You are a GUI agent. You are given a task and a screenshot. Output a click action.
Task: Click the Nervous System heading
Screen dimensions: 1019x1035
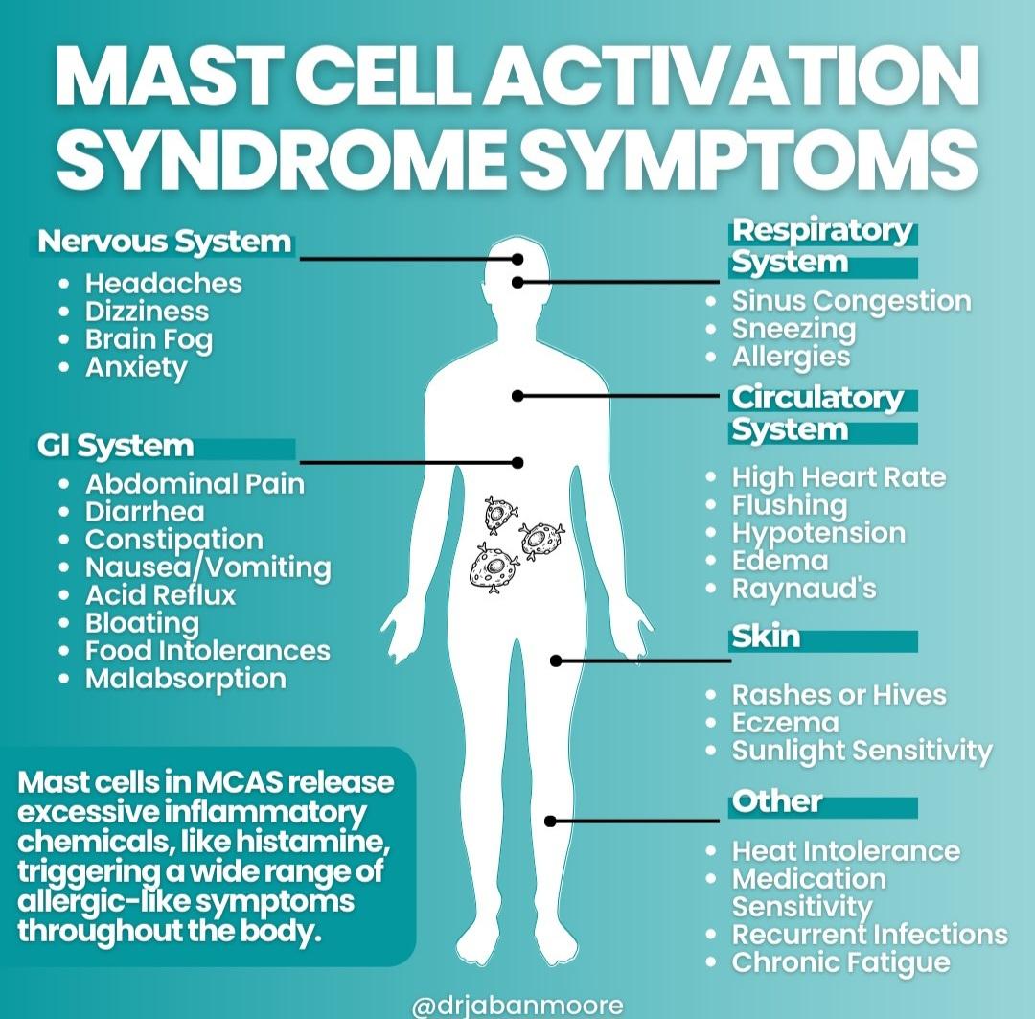click(x=164, y=242)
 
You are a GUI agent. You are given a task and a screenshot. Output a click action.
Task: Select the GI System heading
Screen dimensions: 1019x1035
click(x=116, y=446)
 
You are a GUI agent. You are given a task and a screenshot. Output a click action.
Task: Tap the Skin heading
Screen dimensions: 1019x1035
click(x=766, y=637)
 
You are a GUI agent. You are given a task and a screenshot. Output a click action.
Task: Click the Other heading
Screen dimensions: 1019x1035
click(x=777, y=801)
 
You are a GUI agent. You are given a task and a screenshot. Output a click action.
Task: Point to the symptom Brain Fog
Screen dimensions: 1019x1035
click(x=149, y=339)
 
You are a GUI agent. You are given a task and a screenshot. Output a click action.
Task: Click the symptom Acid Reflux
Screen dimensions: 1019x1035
click(x=160, y=594)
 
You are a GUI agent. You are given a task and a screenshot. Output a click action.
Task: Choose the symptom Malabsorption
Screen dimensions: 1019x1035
click(x=185, y=679)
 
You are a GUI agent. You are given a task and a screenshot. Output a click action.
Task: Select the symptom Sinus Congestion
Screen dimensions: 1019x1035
click(x=851, y=301)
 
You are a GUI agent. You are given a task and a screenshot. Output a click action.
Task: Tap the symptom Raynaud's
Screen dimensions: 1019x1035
click(x=804, y=589)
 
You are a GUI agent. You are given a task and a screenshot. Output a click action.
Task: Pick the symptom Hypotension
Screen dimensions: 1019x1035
click(x=818, y=533)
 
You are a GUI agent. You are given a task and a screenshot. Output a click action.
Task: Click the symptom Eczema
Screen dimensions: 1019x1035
click(x=785, y=723)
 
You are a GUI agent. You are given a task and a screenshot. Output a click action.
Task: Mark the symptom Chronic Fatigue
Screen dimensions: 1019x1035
click(x=840, y=962)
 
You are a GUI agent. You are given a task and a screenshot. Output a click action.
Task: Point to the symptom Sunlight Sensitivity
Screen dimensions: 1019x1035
click(x=862, y=751)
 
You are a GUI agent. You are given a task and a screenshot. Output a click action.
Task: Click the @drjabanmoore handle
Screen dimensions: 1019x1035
click(x=517, y=1006)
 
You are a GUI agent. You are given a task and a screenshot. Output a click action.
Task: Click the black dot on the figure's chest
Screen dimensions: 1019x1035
click(x=517, y=395)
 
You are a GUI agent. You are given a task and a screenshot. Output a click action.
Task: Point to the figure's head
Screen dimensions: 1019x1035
click(x=517, y=268)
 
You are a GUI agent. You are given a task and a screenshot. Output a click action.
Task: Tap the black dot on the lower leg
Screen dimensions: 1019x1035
click(x=550, y=821)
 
